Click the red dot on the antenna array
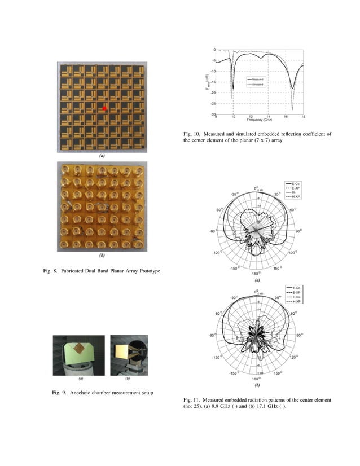pos(104,107)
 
